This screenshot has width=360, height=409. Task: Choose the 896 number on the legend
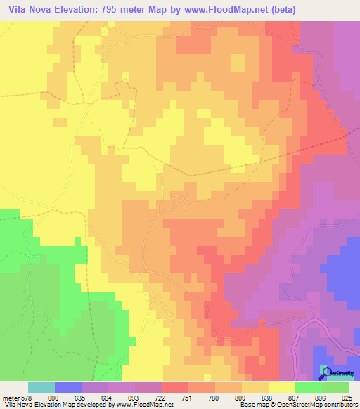[321, 398]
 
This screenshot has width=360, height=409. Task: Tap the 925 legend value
[346, 398]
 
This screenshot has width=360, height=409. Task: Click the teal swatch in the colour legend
[41, 387]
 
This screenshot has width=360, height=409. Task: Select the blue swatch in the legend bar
[68, 387]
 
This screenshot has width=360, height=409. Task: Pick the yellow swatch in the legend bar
[282, 387]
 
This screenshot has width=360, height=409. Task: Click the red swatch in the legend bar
[175, 387]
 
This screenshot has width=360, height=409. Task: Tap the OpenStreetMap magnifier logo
[326, 370]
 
